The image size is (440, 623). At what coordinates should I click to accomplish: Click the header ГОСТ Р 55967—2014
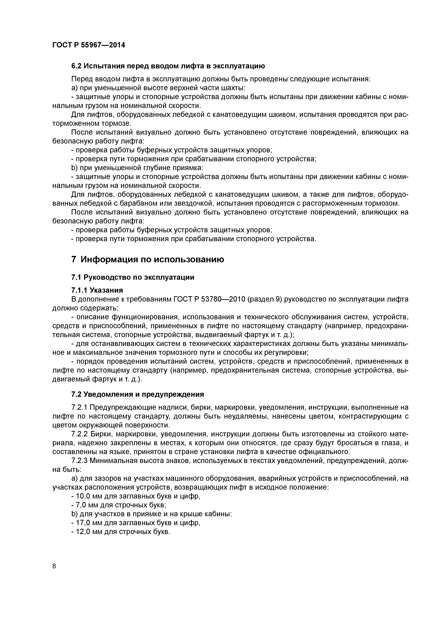tap(89, 45)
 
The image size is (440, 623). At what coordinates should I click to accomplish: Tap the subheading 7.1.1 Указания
tap(97, 290)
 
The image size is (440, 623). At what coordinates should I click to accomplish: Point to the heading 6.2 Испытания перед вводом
tap(168, 66)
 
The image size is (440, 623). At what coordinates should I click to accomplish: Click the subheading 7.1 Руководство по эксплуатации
tap(133, 277)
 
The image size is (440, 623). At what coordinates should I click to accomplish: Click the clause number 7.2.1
tap(79, 407)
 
